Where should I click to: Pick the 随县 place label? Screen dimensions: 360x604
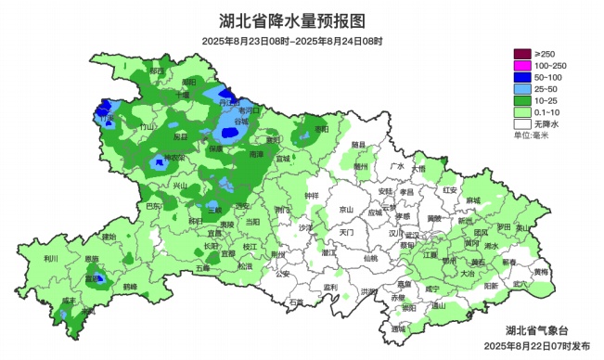(x=358, y=145)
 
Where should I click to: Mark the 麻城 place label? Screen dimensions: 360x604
(x=473, y=199)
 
